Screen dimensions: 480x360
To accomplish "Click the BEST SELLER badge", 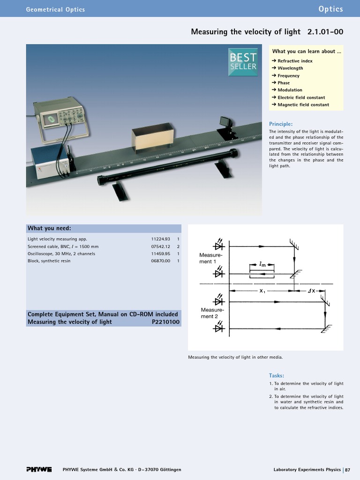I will pos(243,62).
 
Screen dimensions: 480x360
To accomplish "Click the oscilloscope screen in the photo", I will pos(49,120).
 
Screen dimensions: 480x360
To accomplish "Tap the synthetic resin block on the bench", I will pos(152,138).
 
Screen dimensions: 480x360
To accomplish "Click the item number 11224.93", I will pos(160,239).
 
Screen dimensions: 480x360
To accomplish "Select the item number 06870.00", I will pos(160,261).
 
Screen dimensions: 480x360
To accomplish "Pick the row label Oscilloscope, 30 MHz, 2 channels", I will pos(61,254).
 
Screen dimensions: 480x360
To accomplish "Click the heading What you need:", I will pos(49,228).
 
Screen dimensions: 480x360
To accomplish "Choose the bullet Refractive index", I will pos(295,61).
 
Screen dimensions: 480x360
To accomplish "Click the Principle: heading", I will pos(281,124).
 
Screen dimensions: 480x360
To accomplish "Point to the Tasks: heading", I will pos(277,375).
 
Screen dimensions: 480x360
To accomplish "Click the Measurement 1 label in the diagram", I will pos(210,258).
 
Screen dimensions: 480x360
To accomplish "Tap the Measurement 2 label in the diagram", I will pos(212,313).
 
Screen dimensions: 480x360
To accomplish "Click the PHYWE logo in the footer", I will pos(39,470).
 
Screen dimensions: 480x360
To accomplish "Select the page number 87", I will pos(348,470).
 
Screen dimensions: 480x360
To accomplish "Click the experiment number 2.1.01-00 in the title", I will pos(325,32).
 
